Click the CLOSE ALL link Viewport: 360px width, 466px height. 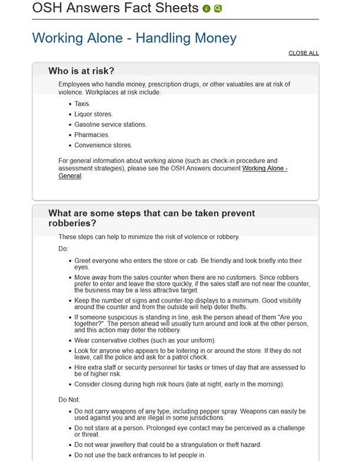tap(304, 53)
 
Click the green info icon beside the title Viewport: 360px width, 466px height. tap(206, 9)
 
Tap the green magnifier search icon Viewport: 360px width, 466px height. tap(218, 9)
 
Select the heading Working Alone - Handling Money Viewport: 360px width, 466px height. tap(134, 38)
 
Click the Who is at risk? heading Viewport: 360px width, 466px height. tap(81, 71)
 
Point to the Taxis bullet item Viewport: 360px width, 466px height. tap(82, 104)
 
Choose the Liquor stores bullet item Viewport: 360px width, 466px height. tap(94, 114)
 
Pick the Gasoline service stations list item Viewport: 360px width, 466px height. tap(111, 125)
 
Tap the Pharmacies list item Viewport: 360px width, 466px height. tap(92, 135)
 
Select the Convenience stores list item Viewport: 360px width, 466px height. tap(104, 145)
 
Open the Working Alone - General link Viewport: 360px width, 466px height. tap(265, 168)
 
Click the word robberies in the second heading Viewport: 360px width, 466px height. tap(72, 224)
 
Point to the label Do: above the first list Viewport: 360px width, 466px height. tap(64, 249)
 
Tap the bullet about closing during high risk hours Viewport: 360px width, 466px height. tap(179, 384)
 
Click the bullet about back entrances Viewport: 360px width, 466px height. tap(140, 455)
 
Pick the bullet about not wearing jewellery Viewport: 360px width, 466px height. tap(168, 445)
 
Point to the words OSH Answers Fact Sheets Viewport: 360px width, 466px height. tap(115, 8)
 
